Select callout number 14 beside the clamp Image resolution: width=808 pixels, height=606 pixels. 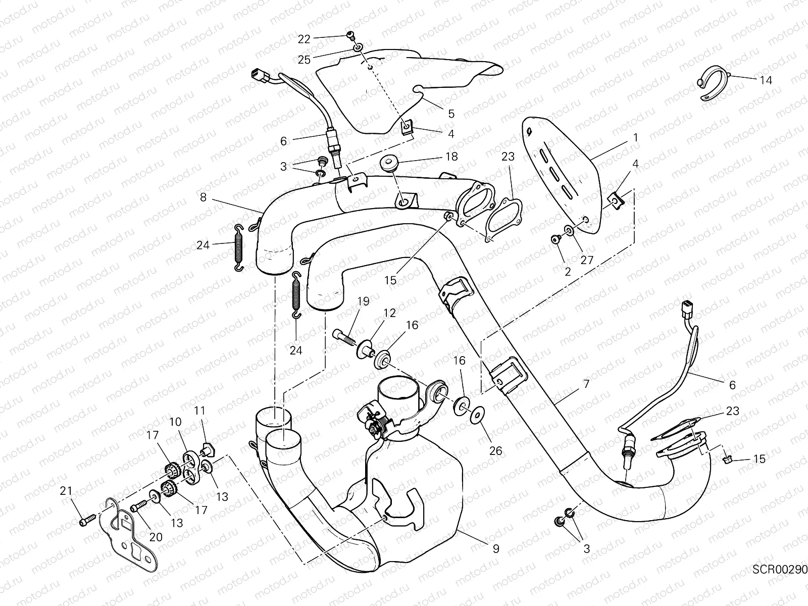coord(765,80)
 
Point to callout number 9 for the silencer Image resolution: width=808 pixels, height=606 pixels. coord(496,548)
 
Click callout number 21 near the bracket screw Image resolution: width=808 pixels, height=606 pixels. coord(67,490)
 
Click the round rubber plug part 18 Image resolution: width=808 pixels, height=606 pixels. coord(390,164)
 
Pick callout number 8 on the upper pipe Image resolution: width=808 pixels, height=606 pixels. coord(203,197)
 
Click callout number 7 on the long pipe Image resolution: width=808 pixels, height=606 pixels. coord(586,384)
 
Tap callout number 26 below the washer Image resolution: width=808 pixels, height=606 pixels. coord(496,450)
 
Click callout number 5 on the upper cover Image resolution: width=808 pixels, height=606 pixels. coord(451,114)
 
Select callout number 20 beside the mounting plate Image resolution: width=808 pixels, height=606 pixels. coord(156,537)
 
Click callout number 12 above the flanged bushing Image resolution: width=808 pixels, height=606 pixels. coord(389,314)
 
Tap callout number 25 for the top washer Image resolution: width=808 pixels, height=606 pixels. coord(304,60)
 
